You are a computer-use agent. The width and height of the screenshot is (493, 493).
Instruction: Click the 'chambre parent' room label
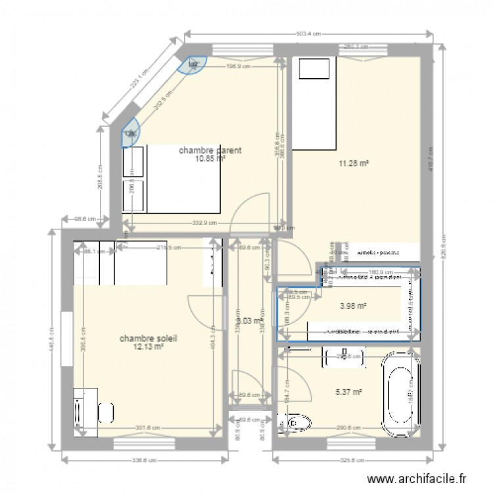tap(210, 150)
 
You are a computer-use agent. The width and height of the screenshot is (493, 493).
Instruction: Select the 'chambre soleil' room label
tap(148, 339)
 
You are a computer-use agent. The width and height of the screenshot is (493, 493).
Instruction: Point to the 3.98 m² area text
tap(353, 305)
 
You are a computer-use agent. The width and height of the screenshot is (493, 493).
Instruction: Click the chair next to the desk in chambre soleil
tap(105, 413)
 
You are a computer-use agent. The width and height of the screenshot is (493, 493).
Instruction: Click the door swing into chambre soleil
tap(204, 312)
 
